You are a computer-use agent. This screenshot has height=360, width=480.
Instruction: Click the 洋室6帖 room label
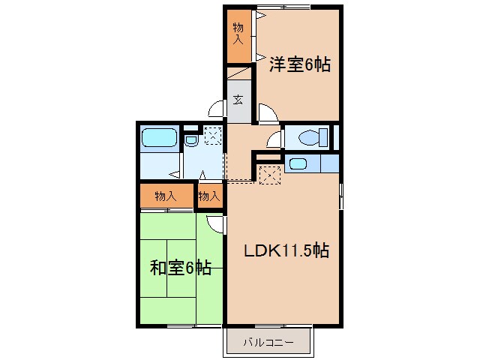point(299,65)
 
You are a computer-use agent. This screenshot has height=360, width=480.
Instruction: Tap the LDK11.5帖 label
point(285,250)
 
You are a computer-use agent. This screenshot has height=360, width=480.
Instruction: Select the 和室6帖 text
point(180,267)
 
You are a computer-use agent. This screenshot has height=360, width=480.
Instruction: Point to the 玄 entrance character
point(238,99)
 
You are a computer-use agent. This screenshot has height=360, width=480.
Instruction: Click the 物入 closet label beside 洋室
point(238,34)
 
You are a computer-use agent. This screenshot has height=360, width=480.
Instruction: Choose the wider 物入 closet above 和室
point(165,196)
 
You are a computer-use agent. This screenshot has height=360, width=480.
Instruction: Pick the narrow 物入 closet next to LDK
point(209,196)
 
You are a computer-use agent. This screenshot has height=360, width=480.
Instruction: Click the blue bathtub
point(158,138)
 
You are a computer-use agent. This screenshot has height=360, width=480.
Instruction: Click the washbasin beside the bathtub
point(190,139)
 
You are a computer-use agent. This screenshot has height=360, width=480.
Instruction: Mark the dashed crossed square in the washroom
point(213,136)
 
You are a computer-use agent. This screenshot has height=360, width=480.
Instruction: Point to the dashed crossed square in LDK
point(269,175)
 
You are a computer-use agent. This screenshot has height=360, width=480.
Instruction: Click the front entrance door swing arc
point(217,109)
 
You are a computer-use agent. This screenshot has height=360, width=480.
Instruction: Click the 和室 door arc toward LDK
point(216,222)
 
